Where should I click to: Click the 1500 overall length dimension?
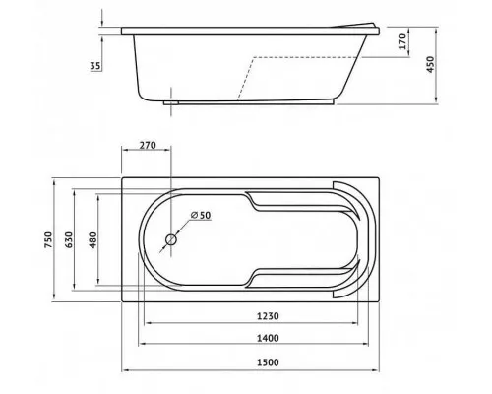click(268, 362)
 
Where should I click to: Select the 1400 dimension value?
click(268, 338)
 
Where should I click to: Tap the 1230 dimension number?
click(268, 316)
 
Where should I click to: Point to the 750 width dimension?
click(48, 239)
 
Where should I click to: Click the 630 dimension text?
click(69, 239)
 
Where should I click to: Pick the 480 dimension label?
click(93, 239)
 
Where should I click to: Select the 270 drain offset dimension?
click(148, 145)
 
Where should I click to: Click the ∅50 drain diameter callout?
click(201, 215)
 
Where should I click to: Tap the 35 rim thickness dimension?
click(95, 66)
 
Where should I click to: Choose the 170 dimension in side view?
click(402, 41)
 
